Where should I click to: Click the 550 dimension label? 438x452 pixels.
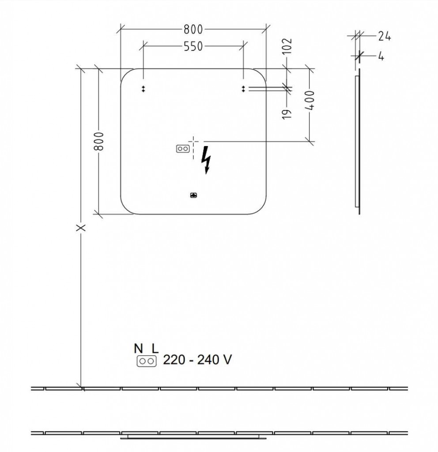point(193,46)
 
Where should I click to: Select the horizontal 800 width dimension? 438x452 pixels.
point(193,30)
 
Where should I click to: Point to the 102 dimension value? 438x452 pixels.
point(287,46)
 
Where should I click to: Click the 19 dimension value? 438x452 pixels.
point(287,113)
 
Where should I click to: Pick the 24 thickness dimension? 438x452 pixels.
point(384,37)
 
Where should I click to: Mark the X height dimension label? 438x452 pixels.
point(80,228)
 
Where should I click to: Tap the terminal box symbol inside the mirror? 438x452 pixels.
point(182,149)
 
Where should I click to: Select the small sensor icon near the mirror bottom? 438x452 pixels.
point(193,195)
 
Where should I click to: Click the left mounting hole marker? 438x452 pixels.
point(143,89)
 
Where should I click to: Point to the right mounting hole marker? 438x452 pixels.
point(243,89)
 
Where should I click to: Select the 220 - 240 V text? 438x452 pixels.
point(197,360)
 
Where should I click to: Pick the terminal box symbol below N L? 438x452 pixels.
point(147,362)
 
